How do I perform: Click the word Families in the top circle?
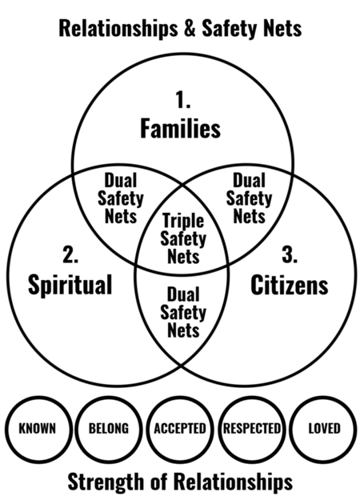(180, 129)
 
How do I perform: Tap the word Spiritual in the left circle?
(70, 285)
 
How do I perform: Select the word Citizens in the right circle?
(290, 285)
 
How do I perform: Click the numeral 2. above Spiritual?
(70, 255)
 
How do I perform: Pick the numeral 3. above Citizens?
(290, 255)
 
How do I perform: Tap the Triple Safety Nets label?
(183, 238)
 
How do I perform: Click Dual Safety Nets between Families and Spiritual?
(121, 198)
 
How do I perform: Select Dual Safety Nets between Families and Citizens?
(249, 198)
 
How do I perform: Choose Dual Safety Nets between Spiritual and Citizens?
(183, 312)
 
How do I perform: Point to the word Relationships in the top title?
(118, 29)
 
